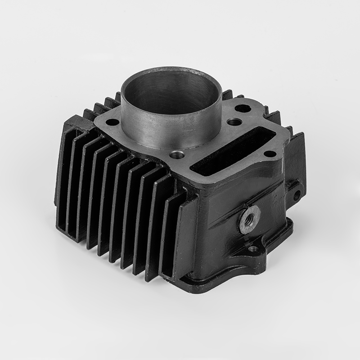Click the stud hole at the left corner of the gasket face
point(112,122)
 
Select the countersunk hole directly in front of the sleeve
point(177,155)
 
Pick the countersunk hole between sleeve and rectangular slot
point(234,122)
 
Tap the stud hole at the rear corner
point(243,108)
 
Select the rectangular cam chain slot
point(232,151)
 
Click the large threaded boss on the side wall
point(249,219)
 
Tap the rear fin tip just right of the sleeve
point(227,95)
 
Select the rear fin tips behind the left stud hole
point(103,106)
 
